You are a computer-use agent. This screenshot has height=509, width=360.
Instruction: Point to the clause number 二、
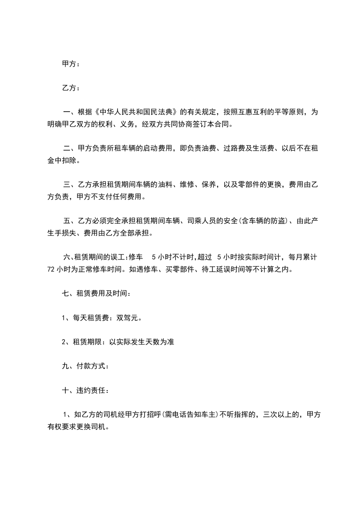(69, 148)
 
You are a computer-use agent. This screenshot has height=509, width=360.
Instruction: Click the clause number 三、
(69, 185)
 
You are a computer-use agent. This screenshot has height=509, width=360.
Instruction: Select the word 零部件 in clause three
(248, 185)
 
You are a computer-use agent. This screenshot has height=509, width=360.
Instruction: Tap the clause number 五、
(69, 221)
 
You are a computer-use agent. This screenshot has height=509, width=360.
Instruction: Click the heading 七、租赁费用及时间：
(97, 294)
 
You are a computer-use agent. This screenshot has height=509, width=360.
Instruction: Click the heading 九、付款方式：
(85, 367)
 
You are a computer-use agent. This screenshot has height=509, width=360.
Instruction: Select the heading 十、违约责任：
(85, 391)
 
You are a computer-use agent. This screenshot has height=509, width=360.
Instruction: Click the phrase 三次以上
(278, 415)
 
